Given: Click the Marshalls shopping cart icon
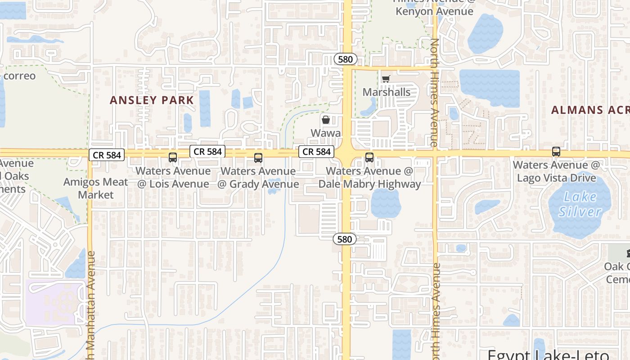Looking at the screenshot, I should click(x=385, y=80).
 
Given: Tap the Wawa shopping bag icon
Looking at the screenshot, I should click(x=325, y=120).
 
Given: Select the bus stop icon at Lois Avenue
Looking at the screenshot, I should click(x=173, y=157).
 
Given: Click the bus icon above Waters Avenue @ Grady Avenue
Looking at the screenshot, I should click(x=258, y=157).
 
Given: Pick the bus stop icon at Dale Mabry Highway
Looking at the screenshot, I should click(x=369, y=157).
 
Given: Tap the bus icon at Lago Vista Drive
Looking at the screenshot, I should click(x=556, y=152).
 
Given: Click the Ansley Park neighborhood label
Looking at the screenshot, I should click(x=152, y=100).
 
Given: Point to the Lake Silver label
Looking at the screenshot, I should click(x=580, y=204).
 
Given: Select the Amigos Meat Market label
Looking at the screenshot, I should click(x=96, y=189).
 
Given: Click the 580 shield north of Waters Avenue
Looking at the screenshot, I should click(x=346, y=59).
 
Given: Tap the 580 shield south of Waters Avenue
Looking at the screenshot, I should click(x=345, y=239).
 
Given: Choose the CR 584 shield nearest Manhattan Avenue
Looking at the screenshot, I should click(x=107, y=155).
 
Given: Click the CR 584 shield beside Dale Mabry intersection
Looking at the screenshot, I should click(x=317, y=152).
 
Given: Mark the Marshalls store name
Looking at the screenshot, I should click(x=387, y=92).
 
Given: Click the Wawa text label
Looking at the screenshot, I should click(x=326, y=133).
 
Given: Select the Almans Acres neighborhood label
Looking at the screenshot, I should click(x=589, y=110).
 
